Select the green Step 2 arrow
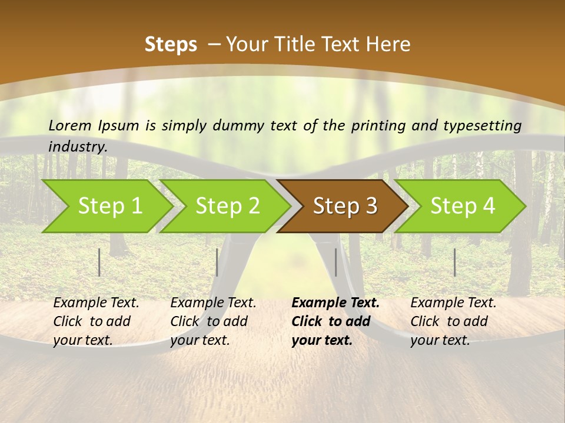(x=227, y=206)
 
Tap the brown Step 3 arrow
(x=345, y=206)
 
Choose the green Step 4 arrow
(x=463, y=206)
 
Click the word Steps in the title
(x=171, y=44)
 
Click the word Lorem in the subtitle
(x=70, y=125)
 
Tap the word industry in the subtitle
(x=78, y=146)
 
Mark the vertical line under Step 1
(x=99, y=262)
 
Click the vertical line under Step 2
(x=217, y=262)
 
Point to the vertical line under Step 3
(x=335, y=262)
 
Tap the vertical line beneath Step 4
(x=454, y=262)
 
